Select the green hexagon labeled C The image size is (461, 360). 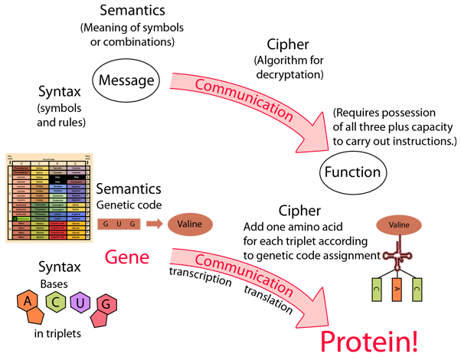[x=57, y=302]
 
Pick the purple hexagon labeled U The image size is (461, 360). [x=80, y=304]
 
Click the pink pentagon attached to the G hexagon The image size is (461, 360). [x=99, y=316]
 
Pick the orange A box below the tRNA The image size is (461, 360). [x=397, y=290]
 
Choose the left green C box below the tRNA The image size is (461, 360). [x=377, y=290]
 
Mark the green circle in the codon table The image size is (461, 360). [x=15, y=219]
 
